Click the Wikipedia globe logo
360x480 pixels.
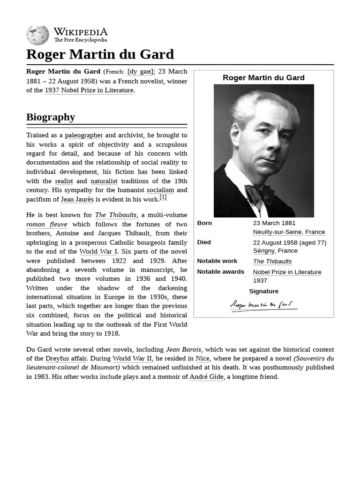click(x=37, y=36)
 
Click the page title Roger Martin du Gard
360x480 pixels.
click(x=100, y=54)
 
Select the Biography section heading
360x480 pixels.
click(x=51, y=117)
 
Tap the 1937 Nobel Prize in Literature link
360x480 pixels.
click(x=90, y=90)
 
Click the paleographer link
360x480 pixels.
click(x=84, y=135)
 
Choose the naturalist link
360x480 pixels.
click(x=104, y=181)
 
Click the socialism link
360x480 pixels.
click(x=160, y=190)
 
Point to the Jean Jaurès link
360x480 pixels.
click(x=77, y=199)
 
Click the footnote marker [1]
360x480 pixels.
click(x=163, y=197)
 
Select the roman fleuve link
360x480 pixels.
click(x=47, y=225)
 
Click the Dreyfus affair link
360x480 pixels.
click(x=66, y=359)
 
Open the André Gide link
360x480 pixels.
click(x=206, y=377)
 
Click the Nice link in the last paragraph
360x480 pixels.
click(x=202, y=359)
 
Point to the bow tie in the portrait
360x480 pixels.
click(x=259, y=194)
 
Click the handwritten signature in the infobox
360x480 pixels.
click(x=263, y=306)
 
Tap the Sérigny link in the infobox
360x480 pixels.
click(x=263, y=251)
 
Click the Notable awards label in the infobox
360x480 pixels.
click(x=220, y=272)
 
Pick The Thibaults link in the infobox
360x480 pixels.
click(x=272, y=262)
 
